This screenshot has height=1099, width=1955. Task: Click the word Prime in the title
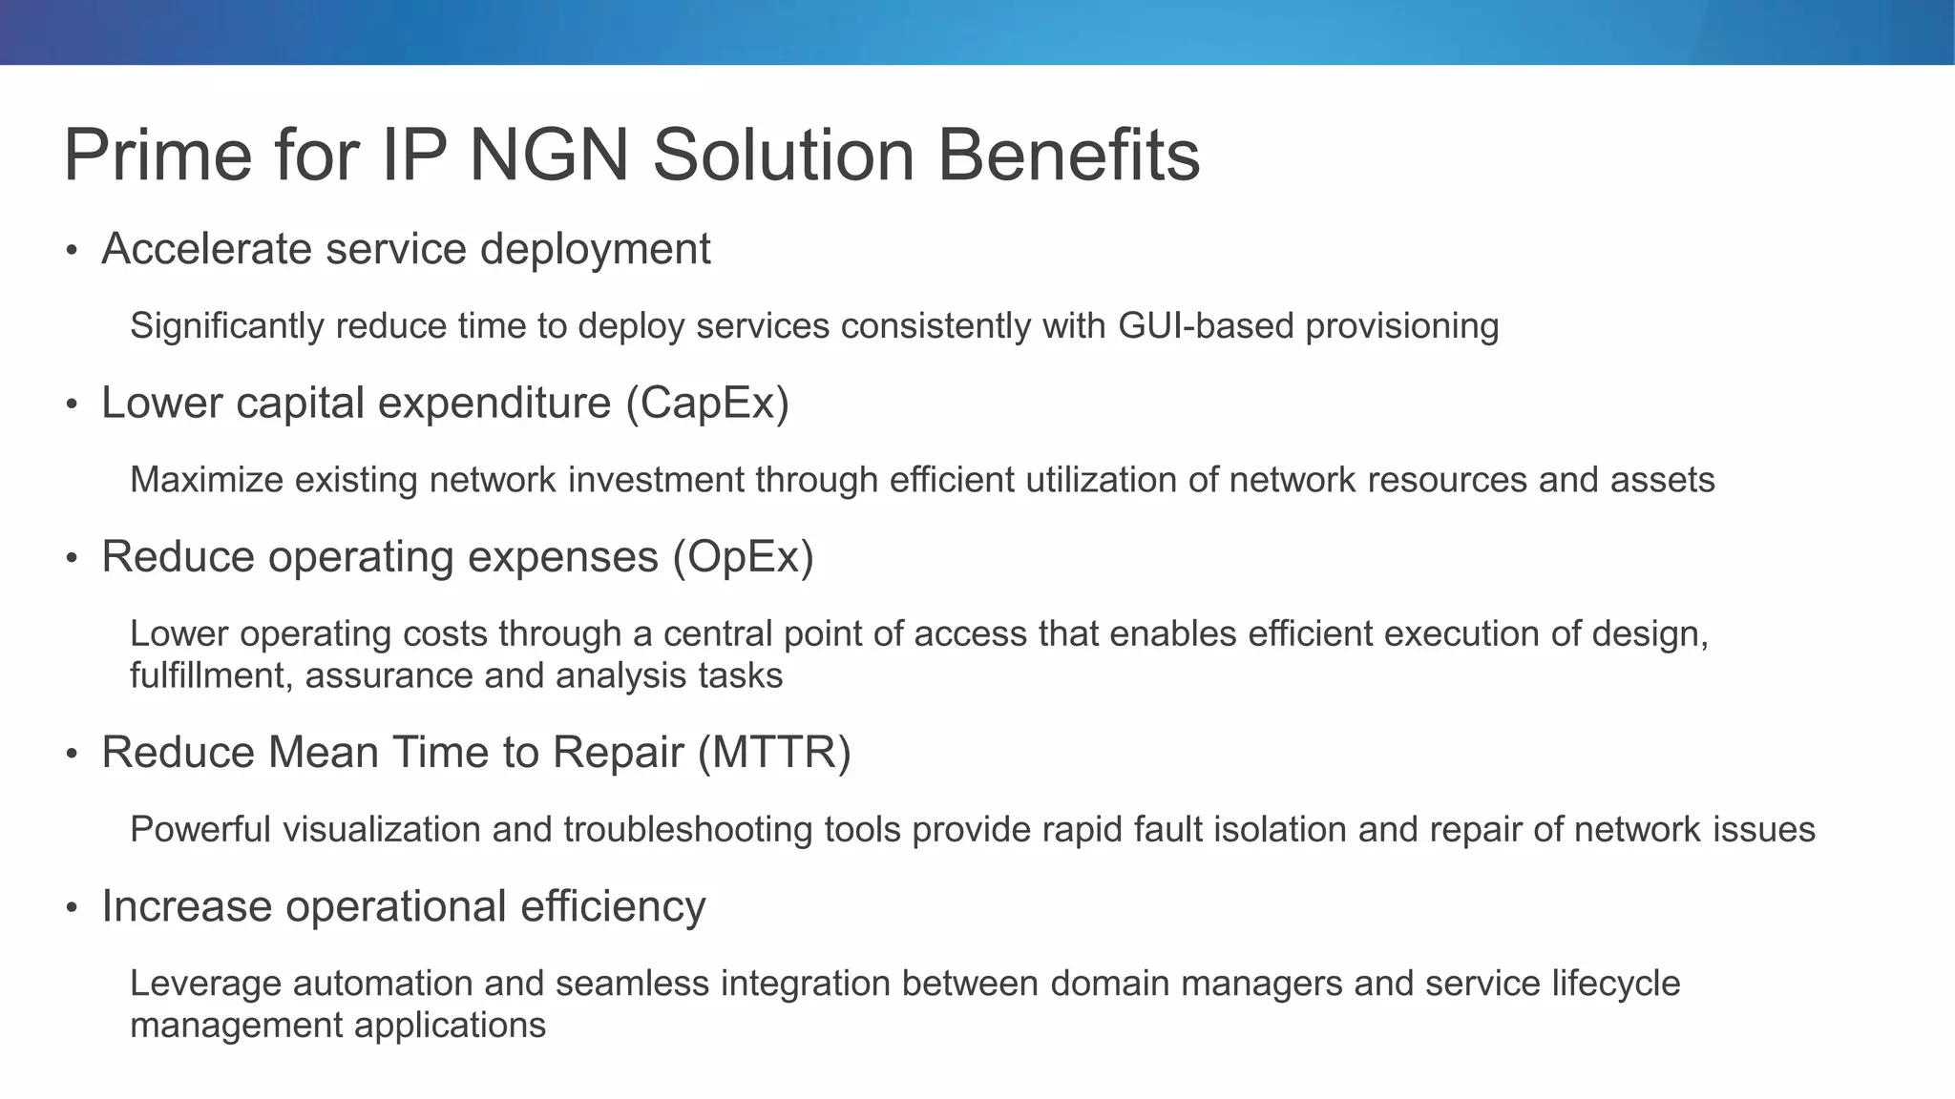tap(158, 156)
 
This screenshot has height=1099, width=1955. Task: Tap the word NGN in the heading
tap(549, 156)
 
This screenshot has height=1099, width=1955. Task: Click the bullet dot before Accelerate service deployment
tap(71, 251)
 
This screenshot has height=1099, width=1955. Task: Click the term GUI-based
tap(1205, 326)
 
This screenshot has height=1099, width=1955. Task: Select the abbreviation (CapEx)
tap(707, 403)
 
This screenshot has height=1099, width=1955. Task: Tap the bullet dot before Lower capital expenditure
tap(71, 404)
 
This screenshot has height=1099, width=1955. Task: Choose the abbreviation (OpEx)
tap(743, 557)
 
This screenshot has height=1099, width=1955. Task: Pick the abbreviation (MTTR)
tap(774, 753)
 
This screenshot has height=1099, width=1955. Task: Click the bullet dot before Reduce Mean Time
tap(71, 755)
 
